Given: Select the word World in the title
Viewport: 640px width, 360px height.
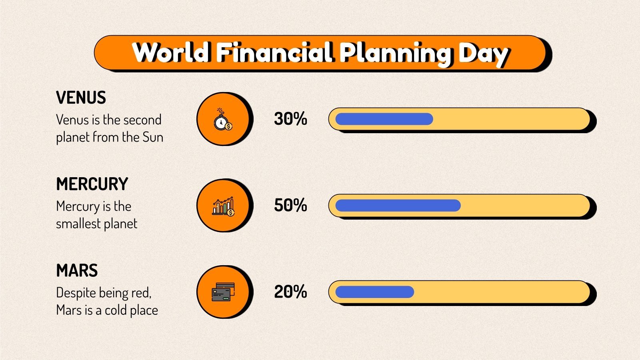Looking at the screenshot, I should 171,52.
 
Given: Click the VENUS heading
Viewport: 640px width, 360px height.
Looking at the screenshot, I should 81,98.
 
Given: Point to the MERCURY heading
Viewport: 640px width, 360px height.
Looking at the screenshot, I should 92,184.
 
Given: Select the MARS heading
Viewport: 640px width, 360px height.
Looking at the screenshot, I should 77,271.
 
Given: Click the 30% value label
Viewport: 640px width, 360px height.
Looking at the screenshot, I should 290,119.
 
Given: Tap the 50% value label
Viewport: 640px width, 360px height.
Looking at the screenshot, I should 290,205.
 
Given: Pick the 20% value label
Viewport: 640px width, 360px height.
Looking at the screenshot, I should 290,292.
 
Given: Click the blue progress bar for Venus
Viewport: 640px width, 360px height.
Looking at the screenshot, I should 384,119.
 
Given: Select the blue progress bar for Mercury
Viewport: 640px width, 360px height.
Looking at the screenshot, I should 398,205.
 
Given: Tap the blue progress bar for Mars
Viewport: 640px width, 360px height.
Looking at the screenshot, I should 374,292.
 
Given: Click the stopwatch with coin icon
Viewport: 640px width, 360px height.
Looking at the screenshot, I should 223,119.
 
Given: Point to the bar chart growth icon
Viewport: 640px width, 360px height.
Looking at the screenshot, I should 223,206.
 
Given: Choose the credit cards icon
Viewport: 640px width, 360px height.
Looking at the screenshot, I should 223,292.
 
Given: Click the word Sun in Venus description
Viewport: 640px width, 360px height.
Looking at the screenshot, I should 153,137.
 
